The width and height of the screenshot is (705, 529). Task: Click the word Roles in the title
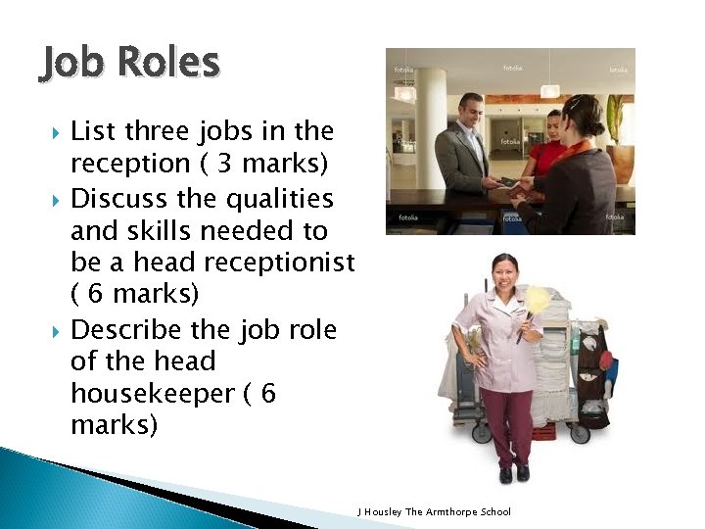[x=165, y=63]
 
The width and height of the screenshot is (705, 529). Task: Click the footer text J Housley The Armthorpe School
[x=435, y=512]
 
